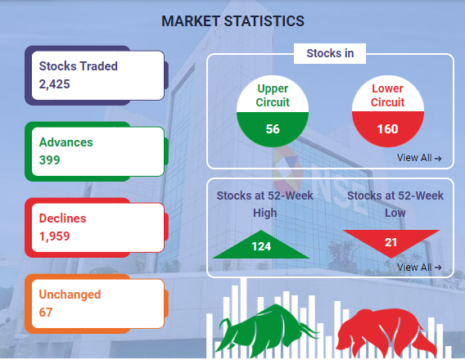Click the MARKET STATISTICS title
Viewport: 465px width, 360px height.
[x=232, y=21]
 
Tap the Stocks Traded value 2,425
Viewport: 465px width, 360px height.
[x=55, y=84]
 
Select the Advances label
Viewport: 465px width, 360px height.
[x=65, y=142]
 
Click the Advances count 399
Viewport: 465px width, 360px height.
[x=49, y=160]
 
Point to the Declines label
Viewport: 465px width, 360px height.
[x=62, y=218]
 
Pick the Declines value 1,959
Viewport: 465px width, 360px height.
[x=55, y=236]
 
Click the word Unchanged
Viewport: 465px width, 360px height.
[x=70, y=295]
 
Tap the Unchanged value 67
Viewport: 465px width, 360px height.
[x=46, y=313]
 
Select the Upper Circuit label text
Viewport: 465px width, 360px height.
[x=273, y=96]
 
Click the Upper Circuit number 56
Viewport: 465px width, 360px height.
[x=273, y=129]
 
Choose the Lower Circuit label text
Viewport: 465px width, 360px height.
[x=387, y=96]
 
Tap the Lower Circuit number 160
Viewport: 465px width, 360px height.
[x=387, y=129]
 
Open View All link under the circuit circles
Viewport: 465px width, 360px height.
[x=419, y=158]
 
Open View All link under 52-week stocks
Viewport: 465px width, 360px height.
[x=419, y=268]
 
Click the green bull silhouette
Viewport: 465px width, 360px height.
[x=267, y=329]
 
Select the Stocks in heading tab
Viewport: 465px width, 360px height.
[x=330, y=53]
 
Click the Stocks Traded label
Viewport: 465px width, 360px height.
[x=79, y=66]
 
